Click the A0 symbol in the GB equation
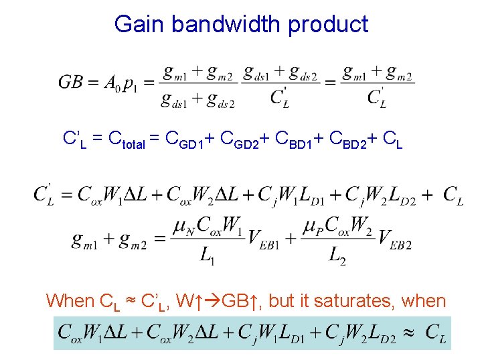112,84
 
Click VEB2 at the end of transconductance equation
395,238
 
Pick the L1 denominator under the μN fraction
207,255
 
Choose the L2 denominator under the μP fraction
337,255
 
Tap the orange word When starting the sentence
70,301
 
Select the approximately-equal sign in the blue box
412,331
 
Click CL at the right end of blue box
435,333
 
